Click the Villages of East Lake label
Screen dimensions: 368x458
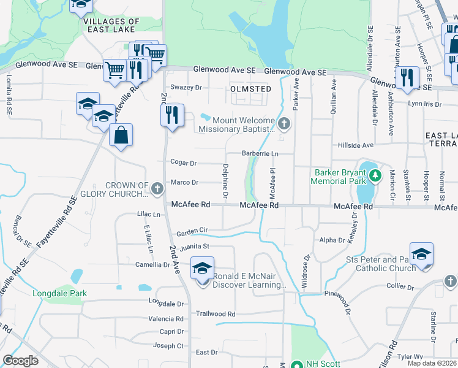(113, 25)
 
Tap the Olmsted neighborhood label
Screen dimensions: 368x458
(250, 89)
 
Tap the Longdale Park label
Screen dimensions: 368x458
(59, 293)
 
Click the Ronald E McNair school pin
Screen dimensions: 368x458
(202, 270)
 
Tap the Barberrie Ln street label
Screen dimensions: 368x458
(260, 153)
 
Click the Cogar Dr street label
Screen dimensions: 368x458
(184, 163)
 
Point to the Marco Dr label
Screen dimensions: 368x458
(184, 182)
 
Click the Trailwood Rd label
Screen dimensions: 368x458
(211, 313)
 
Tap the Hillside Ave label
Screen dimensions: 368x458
(356, 145)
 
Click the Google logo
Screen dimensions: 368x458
(21, 361)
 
